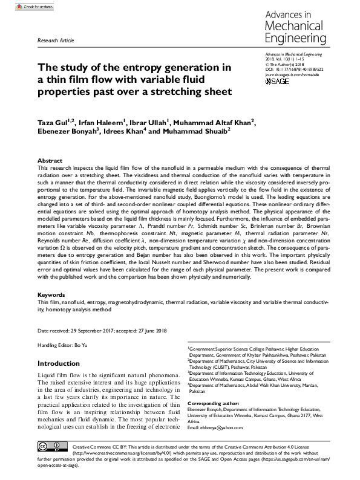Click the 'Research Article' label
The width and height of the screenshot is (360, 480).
click(56, 41)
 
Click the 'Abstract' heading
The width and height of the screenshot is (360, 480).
click(50, 160)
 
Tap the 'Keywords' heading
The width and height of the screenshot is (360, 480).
click(51, 294)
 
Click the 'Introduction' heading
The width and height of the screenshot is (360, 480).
click(63, 364)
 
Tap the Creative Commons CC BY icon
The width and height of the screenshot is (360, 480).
click(51, 447)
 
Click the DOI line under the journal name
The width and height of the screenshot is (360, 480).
click(295, 70)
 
